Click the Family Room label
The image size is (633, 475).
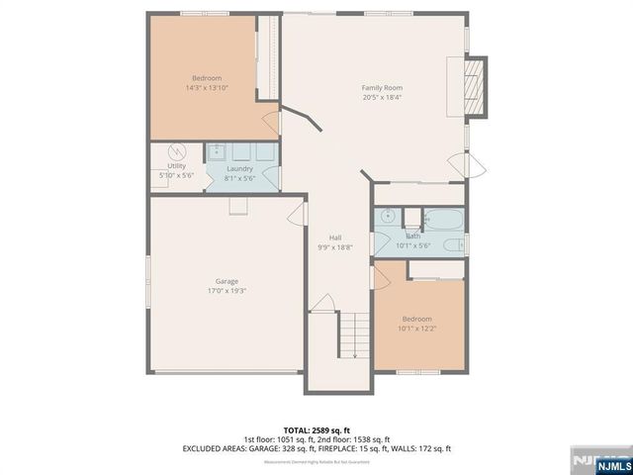[381, 87]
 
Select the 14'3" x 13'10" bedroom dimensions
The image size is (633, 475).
[207, 88]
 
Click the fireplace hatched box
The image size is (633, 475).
[477, 88]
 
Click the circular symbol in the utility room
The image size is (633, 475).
[176, 153]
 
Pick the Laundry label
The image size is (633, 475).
[239, 168]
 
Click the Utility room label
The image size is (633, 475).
[176, 165]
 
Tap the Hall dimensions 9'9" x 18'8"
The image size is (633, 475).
[335, 247]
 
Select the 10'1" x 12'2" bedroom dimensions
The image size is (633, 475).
[416, 329]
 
